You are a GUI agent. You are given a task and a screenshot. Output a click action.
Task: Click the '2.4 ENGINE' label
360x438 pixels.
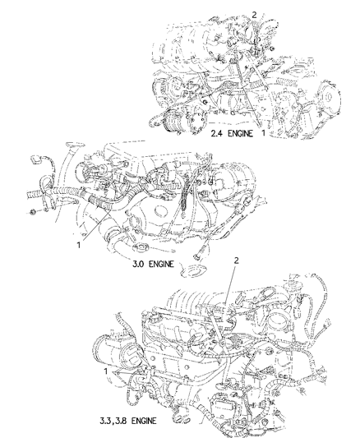[x=232, y=133]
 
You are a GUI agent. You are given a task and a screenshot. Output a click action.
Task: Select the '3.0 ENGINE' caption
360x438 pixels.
[x=153, y=264]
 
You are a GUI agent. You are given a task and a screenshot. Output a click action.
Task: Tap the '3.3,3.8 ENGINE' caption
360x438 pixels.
[x=128, y=421]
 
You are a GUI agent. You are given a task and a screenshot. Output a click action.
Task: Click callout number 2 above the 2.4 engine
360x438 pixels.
[x=254, y=15]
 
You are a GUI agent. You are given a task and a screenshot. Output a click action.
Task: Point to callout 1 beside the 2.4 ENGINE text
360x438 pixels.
[x=263, y=132]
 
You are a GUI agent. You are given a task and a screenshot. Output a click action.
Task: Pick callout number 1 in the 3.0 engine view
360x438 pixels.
[x=79, y=245]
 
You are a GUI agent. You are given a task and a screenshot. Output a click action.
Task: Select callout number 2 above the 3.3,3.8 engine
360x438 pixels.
[x=236, y=260]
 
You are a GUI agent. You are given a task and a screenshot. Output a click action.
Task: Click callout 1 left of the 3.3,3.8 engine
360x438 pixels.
[x=105, y=371]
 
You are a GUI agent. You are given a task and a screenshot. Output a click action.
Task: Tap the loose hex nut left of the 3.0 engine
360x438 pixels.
[x=33, y=212]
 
